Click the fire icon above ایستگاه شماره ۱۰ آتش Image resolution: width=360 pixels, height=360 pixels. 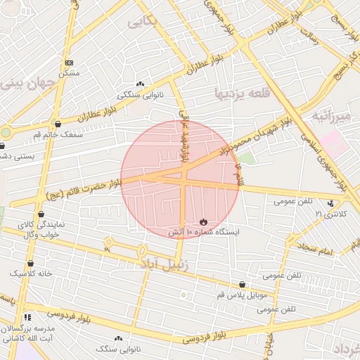[x=204, y=221]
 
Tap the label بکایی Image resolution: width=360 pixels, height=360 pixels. [x=143, y=22]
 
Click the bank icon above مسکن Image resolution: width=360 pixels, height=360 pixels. [x=68, y=63]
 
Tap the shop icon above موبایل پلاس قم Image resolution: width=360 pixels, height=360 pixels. [x=243, y=285]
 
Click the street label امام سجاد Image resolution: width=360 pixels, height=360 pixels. [x=316, y=247]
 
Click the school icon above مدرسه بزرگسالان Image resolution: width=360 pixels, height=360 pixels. [x=27, y=318]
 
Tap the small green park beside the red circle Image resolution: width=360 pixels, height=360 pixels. [x=248, y=158]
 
